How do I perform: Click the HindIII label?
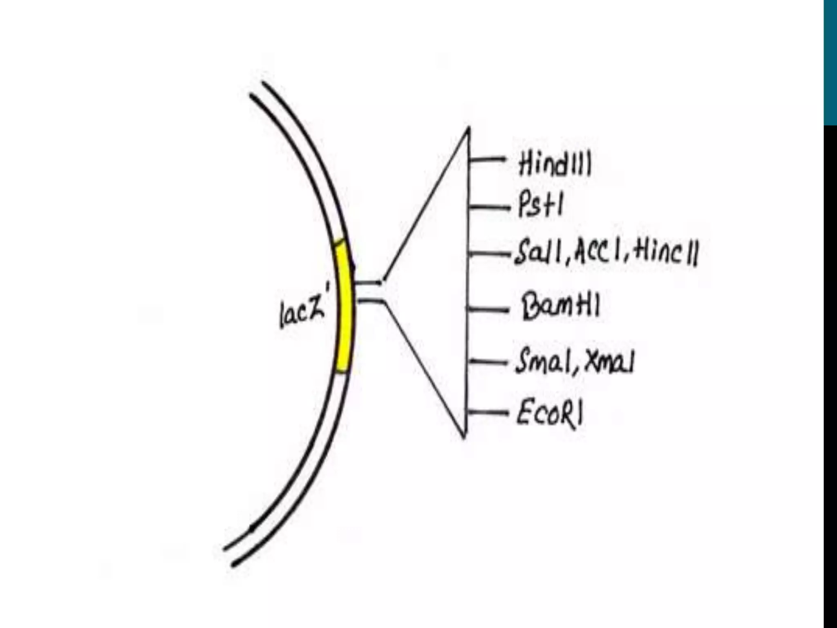point(554,165)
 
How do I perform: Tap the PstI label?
point(540,205)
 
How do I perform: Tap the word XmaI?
point(609,362)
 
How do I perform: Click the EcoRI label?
point(549,414)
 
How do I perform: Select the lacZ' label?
point(302,313)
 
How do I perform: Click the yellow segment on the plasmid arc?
point(343,307)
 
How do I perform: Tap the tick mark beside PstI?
point(489,208)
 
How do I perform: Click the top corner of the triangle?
point(468,129)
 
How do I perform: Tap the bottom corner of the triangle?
point(465,437)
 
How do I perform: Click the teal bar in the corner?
point(830,61)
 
